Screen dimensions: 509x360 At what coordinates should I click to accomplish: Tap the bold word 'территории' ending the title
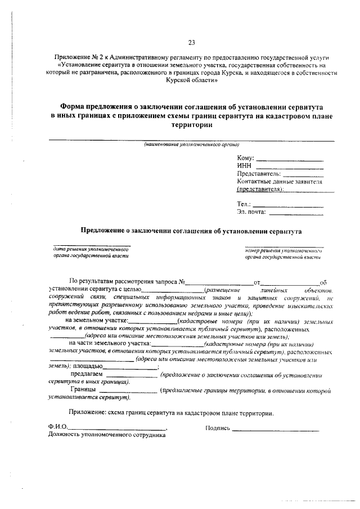[x=191, y=125]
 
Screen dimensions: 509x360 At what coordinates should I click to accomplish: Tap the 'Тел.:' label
[x=244, y=204]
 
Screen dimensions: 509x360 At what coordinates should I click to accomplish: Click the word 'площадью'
[x=87, y=366]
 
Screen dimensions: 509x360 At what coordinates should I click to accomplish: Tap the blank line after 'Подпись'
[x=276, y=430]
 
